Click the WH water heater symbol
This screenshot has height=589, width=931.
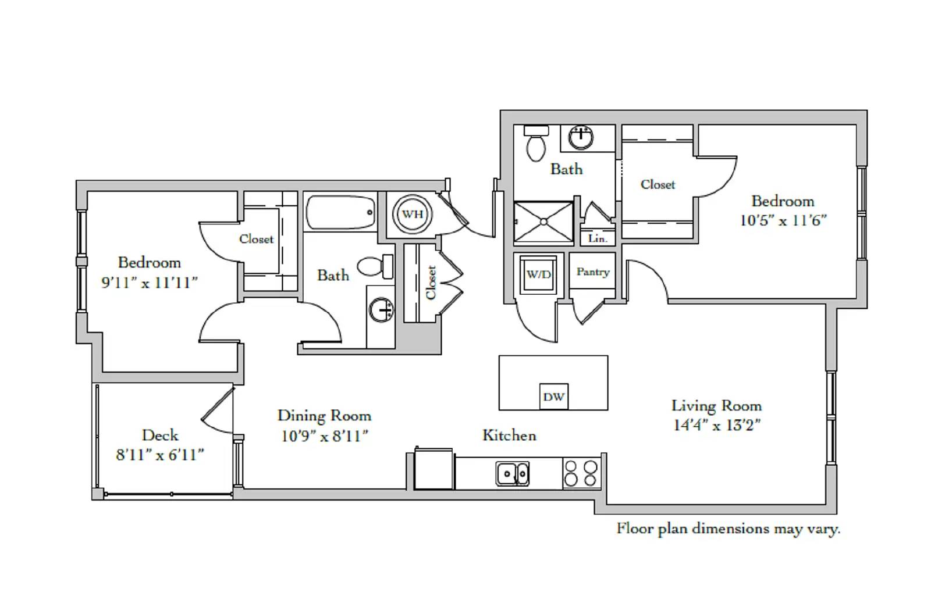click(413, 215)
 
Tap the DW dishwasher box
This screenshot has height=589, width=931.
click(553, 397)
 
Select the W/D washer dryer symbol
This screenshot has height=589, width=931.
click(539, 274)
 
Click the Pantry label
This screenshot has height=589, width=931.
click(593, 272)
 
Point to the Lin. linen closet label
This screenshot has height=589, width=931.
click(597, 238)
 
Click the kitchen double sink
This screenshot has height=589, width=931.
click(513, 473)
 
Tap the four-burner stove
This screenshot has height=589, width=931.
click(581, 473)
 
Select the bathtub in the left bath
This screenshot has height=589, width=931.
click(340, 212)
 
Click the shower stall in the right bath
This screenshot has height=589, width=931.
click(543, 222)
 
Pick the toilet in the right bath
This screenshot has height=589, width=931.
click(536, 143)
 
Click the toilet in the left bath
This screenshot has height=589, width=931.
click(375, 266)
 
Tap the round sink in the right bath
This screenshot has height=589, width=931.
click(581, 137)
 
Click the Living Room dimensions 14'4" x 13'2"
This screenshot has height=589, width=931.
click(716, 426)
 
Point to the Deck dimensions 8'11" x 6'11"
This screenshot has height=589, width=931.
click(160, 455)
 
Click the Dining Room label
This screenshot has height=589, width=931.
click(324, 416)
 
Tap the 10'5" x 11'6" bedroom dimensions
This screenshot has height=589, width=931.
click(783, 220)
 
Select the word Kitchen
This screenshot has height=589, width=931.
click(509, 435)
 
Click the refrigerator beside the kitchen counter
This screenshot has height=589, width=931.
click(433, 469)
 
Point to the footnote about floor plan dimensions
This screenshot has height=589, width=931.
click(728, 529)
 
